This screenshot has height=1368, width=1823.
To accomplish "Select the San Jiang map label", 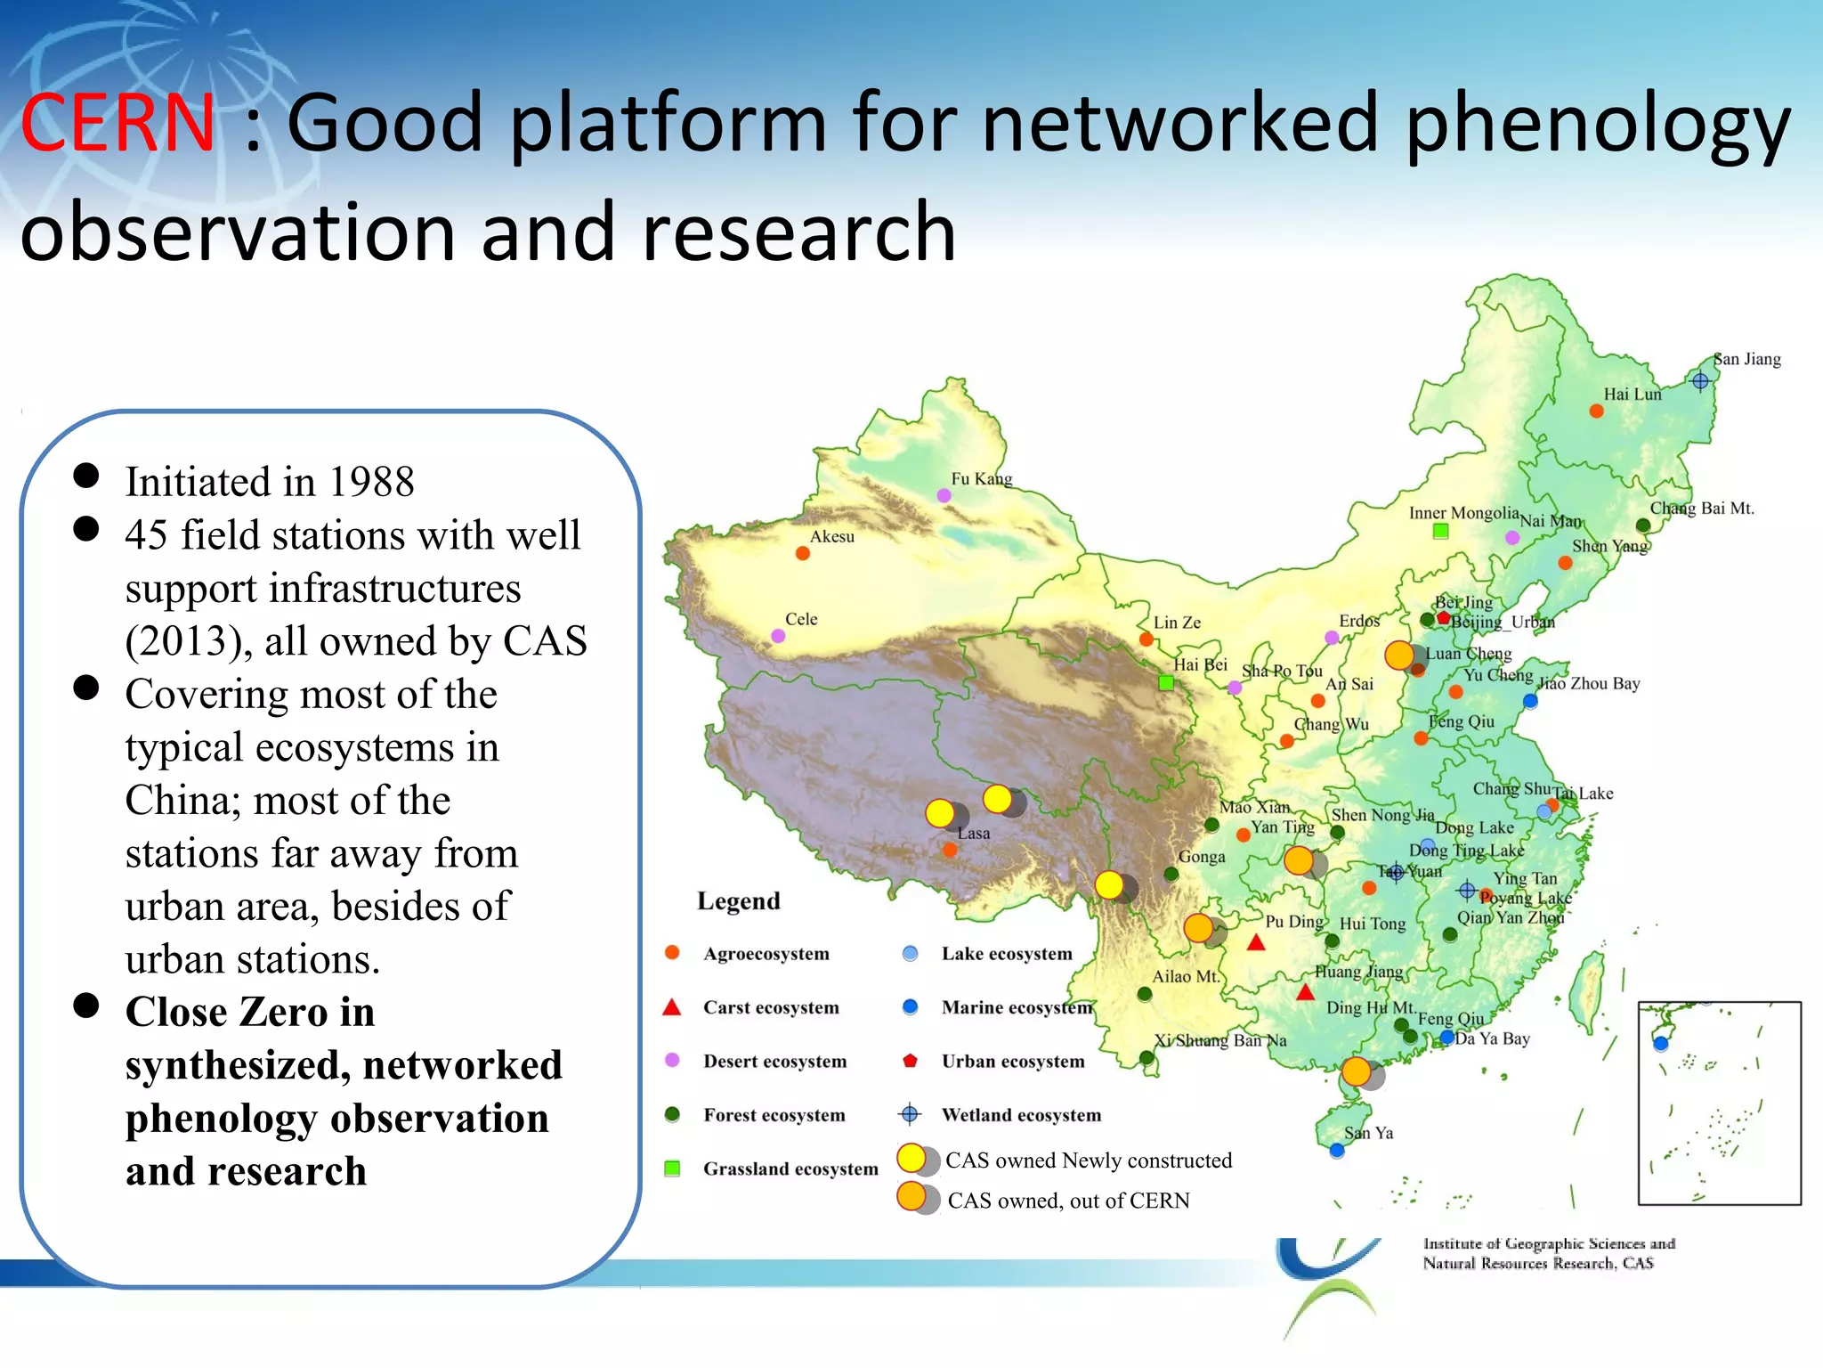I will [x=1747, y=359].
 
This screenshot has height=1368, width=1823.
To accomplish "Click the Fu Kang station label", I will [x=981, y=478].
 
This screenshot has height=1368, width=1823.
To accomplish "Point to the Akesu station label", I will [x=831, y=536].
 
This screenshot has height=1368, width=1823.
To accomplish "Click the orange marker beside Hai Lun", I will [x=1596, y=411].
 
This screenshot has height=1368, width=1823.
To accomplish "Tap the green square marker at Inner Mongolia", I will [x=1440, y=532].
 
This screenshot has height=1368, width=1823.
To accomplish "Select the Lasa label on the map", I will [x=973, y=834].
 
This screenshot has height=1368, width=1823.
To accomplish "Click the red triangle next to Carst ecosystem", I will [x=672, y=1007].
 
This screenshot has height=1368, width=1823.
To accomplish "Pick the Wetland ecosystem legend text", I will [x=1021, y=1115].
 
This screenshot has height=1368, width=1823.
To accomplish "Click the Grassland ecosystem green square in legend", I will [x=673, y=1168].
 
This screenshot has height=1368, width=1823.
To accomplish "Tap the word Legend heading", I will [x=738, y=901].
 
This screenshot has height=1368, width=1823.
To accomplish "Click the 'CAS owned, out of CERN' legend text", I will [x=1068, y=1201].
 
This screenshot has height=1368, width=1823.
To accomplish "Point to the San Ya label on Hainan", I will [x=1368, y=1133].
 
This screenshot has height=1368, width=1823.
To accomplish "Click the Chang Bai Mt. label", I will [x=1701, y=509].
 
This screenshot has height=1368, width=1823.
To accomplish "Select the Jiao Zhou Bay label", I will [x=1589, y=683].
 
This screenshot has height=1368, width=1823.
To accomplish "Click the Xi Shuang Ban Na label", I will [x=1219, y=1040].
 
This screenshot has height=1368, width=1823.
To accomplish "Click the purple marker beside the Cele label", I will [x=778, y=636].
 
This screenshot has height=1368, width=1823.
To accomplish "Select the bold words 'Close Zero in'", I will [x=249, y=1013].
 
